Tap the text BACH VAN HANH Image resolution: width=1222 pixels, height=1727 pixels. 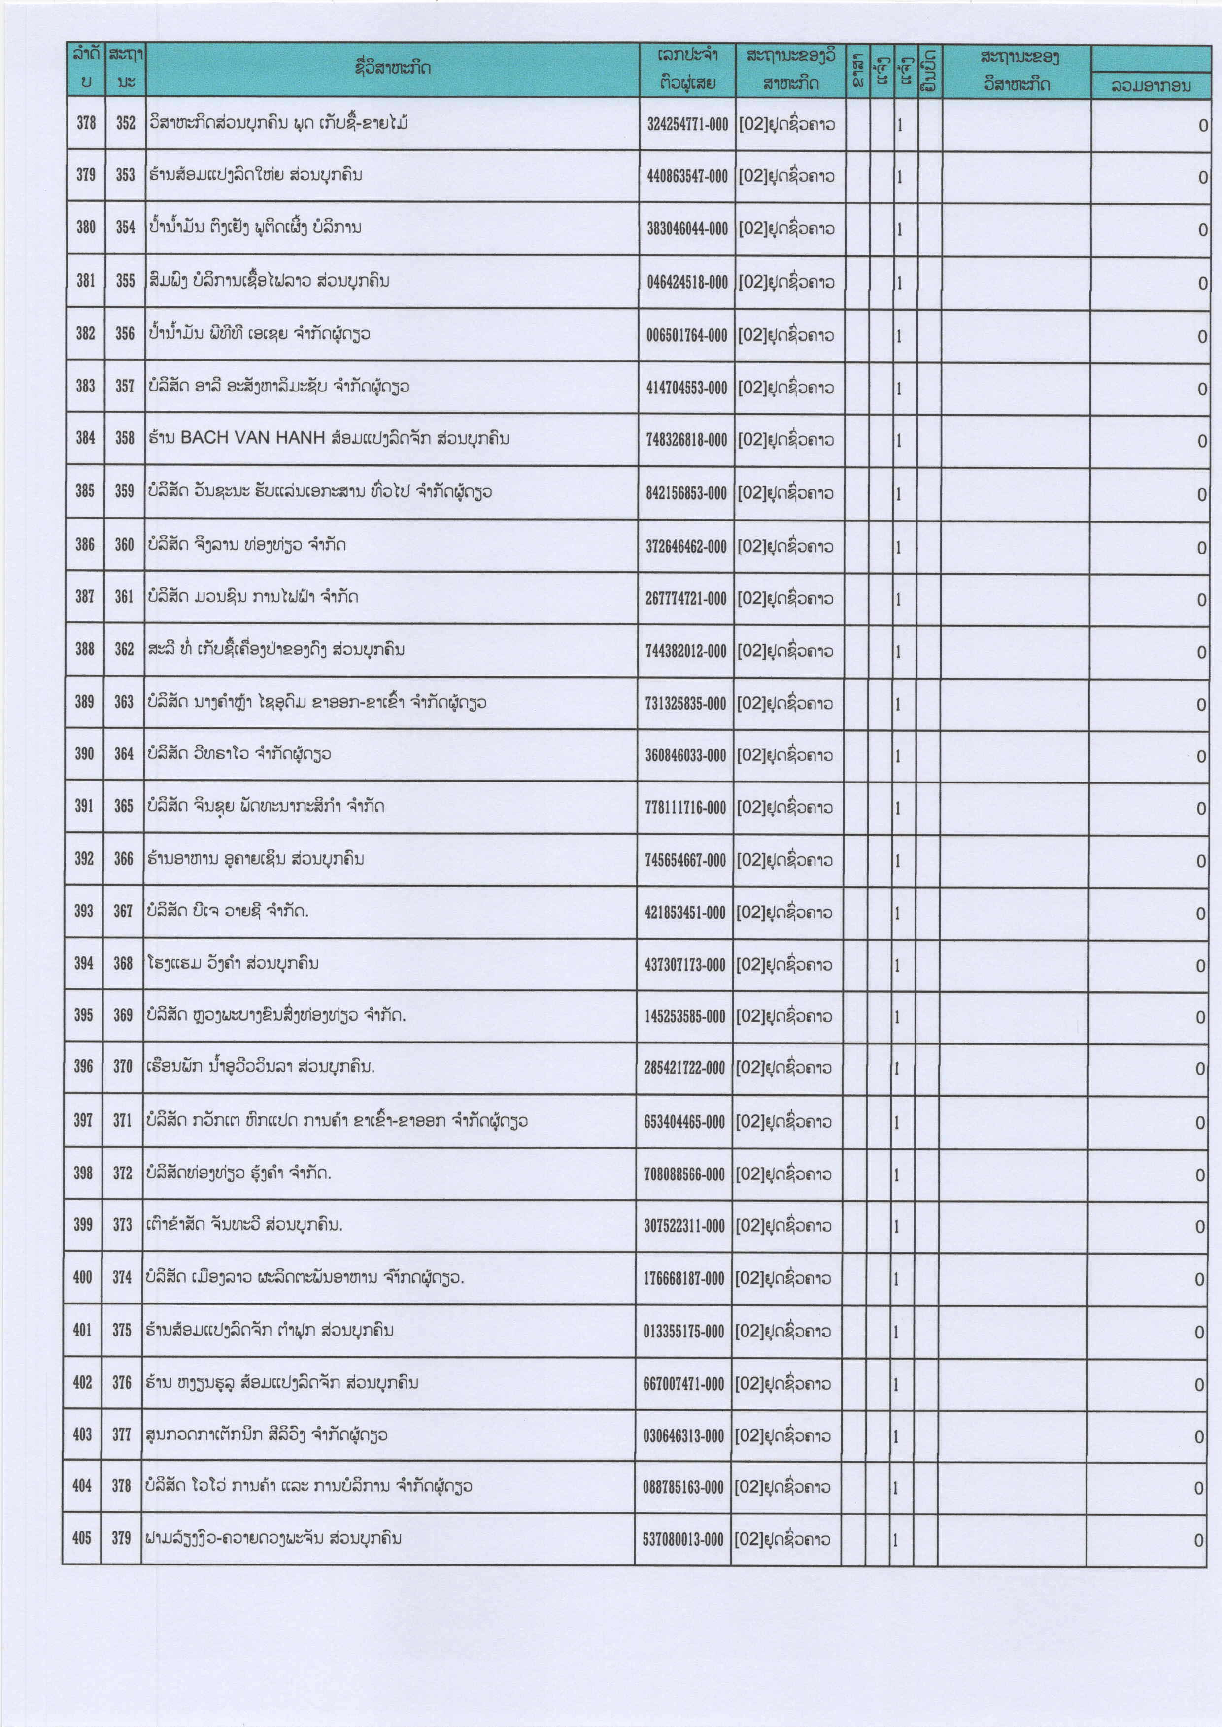[253, 438]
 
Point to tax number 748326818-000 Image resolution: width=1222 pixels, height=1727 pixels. [686, 440]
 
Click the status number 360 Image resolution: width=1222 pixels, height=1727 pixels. [124, 545]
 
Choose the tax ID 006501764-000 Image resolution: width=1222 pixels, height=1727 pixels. [686, 335]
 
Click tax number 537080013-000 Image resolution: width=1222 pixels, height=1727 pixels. [682, 1540]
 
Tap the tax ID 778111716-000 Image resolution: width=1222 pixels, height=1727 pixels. [685, 808]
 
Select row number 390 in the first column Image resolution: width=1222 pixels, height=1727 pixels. [84, 753]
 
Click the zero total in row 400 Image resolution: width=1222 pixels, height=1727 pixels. [1199, 1279]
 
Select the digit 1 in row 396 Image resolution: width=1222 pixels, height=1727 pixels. [896, 1069]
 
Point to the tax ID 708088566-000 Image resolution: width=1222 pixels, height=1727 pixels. [684, 1174]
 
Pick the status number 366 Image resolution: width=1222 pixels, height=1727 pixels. [123, 858]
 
